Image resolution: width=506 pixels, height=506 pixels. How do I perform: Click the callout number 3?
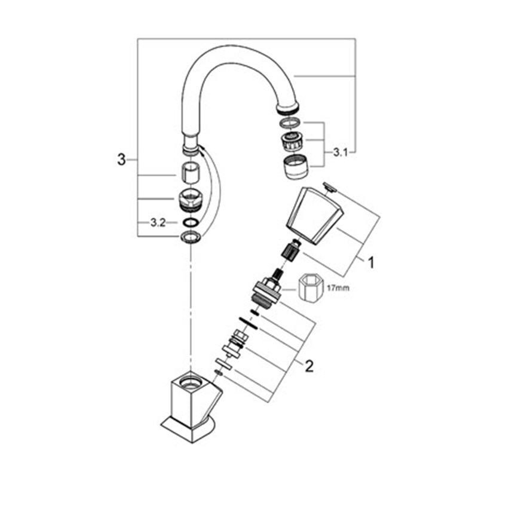[x=121, y=160]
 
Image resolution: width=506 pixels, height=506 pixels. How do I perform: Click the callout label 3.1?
[x=341, y=152]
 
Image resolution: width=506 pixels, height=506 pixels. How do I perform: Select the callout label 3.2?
[x=158, y=222]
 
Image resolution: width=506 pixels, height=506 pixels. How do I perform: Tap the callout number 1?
[x=372, y=263]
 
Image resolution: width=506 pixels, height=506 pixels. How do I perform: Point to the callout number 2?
[x=309, y=366]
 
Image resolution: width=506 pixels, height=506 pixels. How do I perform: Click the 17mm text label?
[x=338, y=287]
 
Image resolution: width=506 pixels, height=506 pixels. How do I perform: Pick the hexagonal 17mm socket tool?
[x=310, y=287]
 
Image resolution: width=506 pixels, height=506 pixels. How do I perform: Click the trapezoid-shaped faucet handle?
[x=314, y=216]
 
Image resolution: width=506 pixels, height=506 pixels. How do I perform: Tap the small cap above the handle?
[x=330, y=188]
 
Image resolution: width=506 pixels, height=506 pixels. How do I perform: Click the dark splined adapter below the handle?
[x=291, y=250]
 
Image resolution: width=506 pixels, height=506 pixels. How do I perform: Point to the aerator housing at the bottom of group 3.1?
[x=296, y=167]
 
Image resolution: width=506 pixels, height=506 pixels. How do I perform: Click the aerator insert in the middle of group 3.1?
[x=292, y=141]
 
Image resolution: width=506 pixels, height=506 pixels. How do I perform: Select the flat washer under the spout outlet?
[x=290, y=122]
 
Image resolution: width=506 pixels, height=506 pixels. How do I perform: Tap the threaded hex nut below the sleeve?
[x=191, y=200]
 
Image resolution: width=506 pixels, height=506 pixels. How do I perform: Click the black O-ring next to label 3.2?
[x=191, y=222]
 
